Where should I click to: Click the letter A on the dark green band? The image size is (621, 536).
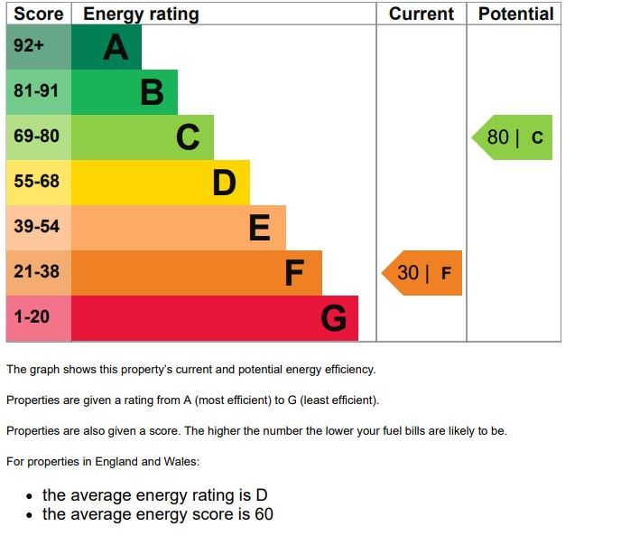click(116, 47)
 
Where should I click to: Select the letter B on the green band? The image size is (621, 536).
click(152, 92)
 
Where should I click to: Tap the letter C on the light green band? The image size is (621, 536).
click(188, 137)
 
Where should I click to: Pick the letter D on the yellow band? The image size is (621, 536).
click(224, 183)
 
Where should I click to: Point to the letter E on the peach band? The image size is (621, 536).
click(259, 228)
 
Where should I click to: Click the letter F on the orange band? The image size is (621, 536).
click(294, 273)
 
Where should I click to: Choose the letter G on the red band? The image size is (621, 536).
click(334, 318)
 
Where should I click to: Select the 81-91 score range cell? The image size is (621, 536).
click(36, 91)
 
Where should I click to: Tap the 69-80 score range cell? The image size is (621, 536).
click(36, 136)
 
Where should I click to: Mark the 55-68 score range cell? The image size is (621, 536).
click(36, 182)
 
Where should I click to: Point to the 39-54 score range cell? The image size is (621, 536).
click(36, 227)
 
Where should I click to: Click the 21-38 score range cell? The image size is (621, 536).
click(36, 272)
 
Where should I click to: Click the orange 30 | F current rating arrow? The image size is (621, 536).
click(423, 273)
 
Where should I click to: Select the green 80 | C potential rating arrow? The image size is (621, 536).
click(514, 137)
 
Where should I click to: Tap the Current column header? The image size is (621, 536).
click(421, 14)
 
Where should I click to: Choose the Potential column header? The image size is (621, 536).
click(515, 14)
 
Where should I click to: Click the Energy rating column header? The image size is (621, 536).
click(141, 14)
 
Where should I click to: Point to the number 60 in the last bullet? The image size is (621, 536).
click(264, 514)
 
